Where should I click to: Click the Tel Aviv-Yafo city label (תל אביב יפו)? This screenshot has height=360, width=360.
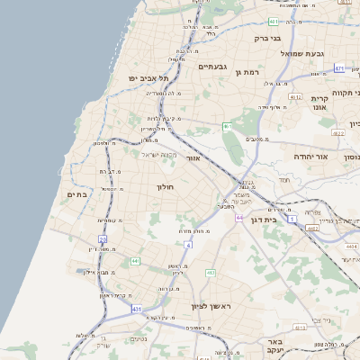pyautogui.click(x=152, y=79)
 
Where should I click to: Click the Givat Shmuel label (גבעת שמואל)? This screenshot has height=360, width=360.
pyautogui.click(x=296, y=54)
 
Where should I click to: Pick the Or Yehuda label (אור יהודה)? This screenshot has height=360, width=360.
pyautogui.click(x=310, y=156)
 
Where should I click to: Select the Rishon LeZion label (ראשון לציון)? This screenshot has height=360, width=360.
pyautogui.click(x=212, y=307)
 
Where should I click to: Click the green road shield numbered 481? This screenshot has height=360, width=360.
pyautogui.click(x=273, y=20)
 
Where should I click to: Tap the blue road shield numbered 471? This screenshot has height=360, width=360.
pyautogui.click(x=339, y=68)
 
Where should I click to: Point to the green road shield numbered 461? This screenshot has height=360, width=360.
pyautogui.click(x=228, y=126)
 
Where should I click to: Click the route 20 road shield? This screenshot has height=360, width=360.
pyautogui.click(x=103, y=239)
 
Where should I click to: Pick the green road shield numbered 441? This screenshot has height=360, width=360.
pyautogui.click(x=134, y=261)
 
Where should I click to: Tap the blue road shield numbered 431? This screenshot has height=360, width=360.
pyautogui.click(x=137, y=309)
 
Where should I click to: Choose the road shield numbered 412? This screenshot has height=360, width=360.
pyautogui.click(x=210, y=272)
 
